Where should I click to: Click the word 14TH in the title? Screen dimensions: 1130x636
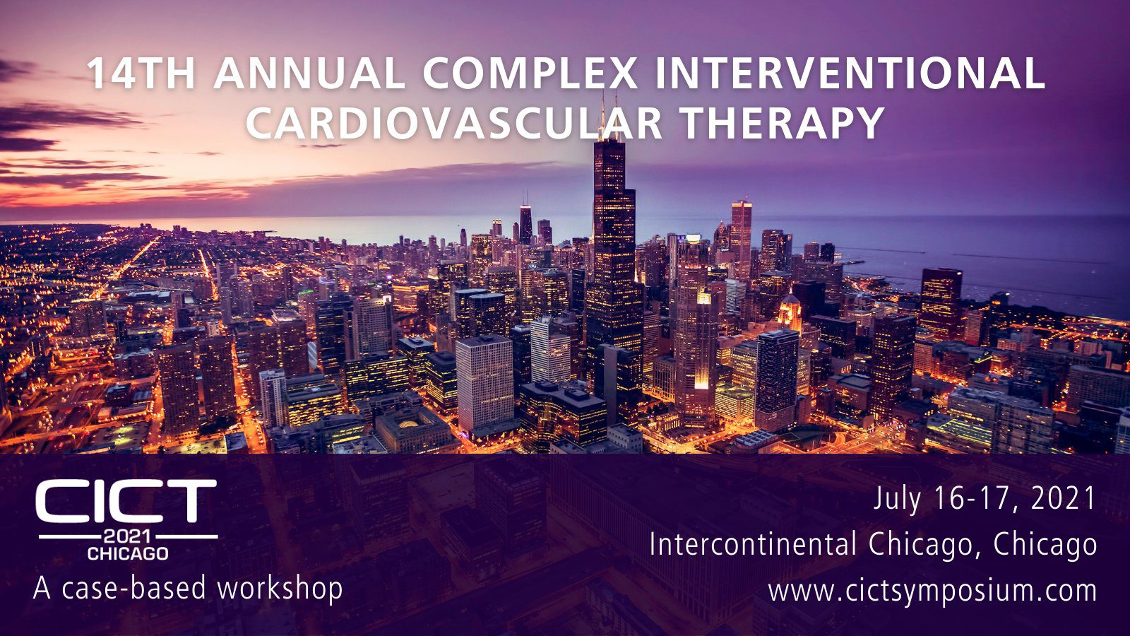(141, 73)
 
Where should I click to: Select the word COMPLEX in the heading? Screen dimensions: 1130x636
(530, 73)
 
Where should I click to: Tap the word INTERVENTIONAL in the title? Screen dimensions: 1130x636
(850, 73)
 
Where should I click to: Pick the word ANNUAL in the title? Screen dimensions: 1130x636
(309, 73)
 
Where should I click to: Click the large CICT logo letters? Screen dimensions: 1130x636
(126, 501)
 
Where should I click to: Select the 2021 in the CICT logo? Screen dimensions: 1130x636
(128, 536)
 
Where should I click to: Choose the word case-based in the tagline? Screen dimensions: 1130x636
(134, 588)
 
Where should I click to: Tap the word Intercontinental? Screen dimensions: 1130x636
(754, 545)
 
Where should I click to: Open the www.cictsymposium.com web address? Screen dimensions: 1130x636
(933, 591)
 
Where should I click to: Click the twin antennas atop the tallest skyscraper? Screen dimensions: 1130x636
(609, 115)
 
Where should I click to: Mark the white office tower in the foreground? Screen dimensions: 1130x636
(484, 384)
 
